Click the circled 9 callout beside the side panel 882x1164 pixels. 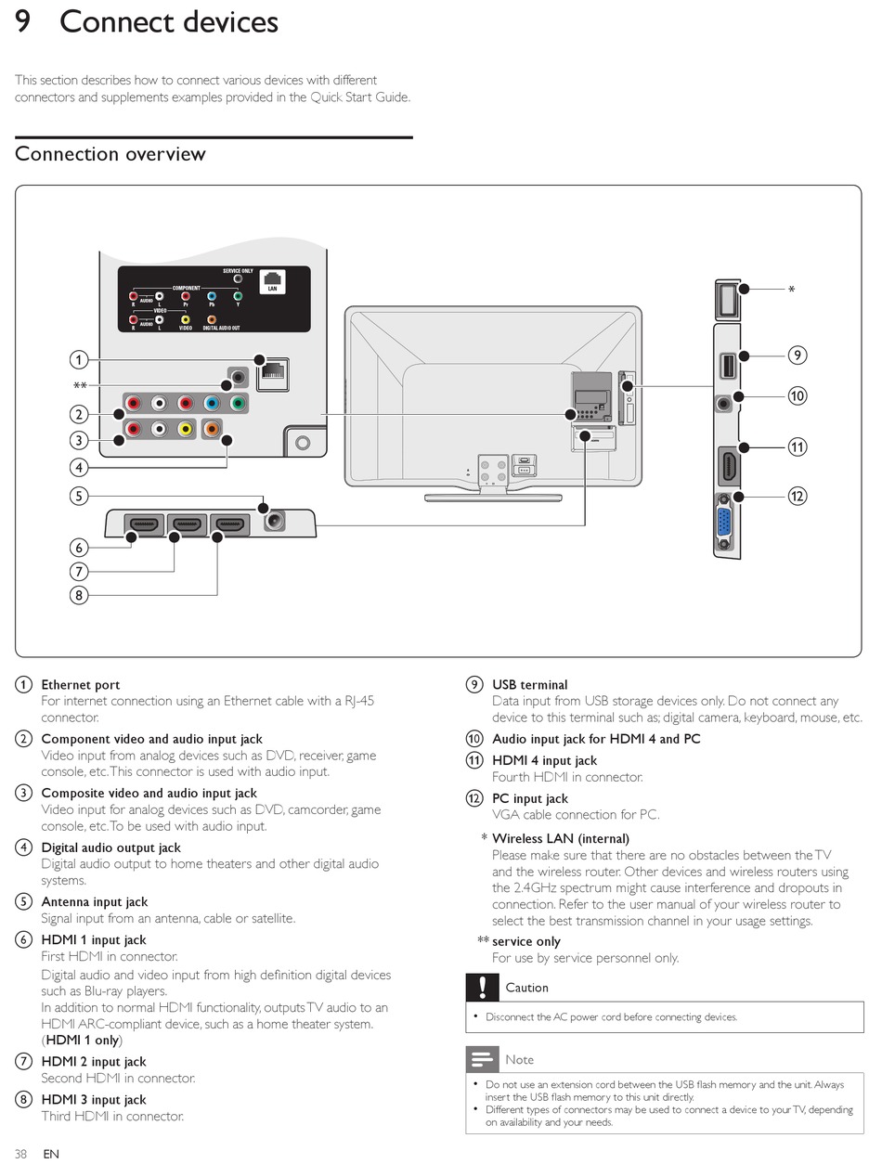coord(797,355)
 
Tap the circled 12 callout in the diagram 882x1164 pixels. coord(797,496)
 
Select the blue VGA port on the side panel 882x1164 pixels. coord(725,524)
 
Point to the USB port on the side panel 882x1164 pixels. coord(725,366)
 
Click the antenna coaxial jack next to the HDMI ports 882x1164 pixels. coord(274,522)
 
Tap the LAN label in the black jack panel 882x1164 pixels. coord(272,289)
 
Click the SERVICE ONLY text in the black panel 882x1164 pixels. coord(238,271)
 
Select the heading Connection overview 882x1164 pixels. coord(110,154)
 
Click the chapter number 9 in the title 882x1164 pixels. coord(25,21)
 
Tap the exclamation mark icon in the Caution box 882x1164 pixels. coord(482,988)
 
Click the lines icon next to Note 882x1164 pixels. coord(482,1059)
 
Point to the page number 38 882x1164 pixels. coord(20,1154)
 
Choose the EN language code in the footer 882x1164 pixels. coord(51,1154)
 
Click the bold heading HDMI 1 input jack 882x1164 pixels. coord(94,940)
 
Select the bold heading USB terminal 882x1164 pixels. coord(529,685)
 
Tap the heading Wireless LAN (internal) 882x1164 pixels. coord(560,838)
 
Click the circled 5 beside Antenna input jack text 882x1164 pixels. coord(23,902)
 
